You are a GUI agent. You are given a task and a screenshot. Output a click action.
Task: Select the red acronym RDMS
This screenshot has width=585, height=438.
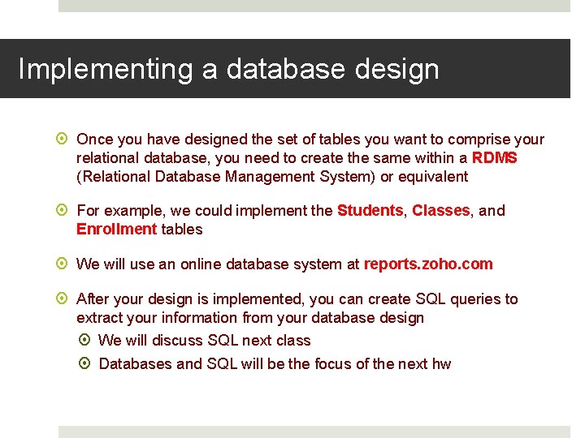point(494,158)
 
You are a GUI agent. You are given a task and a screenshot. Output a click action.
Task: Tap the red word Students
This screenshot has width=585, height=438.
point(370,211)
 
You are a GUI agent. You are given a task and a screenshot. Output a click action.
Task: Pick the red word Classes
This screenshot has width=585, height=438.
point(440,211)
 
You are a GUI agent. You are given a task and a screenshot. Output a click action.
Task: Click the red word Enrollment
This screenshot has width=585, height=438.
point(116,230)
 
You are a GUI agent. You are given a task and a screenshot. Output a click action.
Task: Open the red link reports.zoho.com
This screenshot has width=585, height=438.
point(428,264)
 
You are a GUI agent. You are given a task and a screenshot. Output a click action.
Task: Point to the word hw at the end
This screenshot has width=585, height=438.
point(441,364)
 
